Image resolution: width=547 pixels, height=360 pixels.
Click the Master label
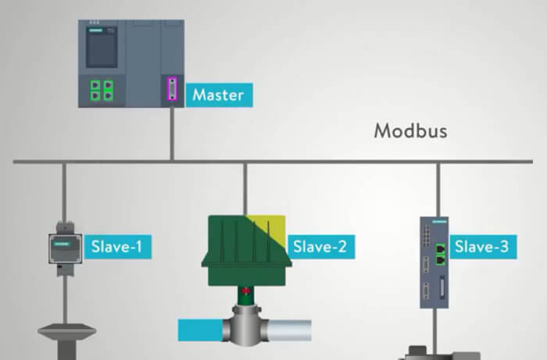pos(218,96)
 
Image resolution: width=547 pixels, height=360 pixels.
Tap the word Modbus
pos(410,130)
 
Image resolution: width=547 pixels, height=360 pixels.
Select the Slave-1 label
pos(116,248)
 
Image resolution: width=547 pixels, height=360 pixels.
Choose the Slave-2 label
pos(318,248)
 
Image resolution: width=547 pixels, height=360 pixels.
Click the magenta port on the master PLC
pos(172,89)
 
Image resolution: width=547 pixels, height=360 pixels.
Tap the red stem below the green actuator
pos(246,294)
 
